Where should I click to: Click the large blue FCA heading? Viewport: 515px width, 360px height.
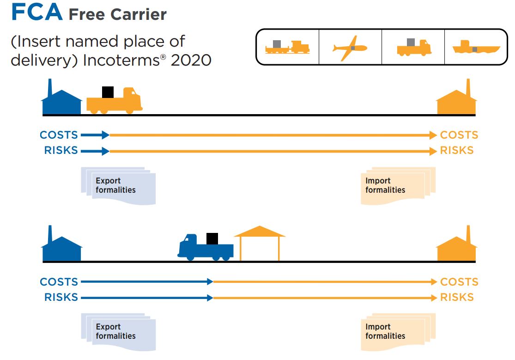(x=37, y=12)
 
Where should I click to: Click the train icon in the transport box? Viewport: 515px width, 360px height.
(x=287, y=48)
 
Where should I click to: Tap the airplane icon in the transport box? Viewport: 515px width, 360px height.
(x=350, y=48)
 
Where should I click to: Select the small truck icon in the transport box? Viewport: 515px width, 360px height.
(x=413, y=48)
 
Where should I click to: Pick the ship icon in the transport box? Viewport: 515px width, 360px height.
(x=476, y=48)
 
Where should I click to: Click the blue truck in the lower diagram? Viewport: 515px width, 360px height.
(x=205, y=247)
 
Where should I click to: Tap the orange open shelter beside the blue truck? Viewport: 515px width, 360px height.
(x=260, y=243)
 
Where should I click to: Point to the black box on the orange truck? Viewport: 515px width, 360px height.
(x=108, y=92)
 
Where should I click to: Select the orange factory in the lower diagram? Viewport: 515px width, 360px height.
(x=456, y=247)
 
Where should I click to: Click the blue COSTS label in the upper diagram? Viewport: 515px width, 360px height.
(x=59, y=135)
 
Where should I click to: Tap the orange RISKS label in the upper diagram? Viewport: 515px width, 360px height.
(x=457, y=151)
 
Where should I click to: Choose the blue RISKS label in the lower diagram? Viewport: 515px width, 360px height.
(x=61, y=298)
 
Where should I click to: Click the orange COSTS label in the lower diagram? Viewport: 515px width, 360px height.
(x=459, y=282)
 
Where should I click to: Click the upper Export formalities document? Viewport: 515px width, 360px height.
(x=118, y=185)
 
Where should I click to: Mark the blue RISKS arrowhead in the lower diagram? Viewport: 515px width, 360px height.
(x=209, y=298)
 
